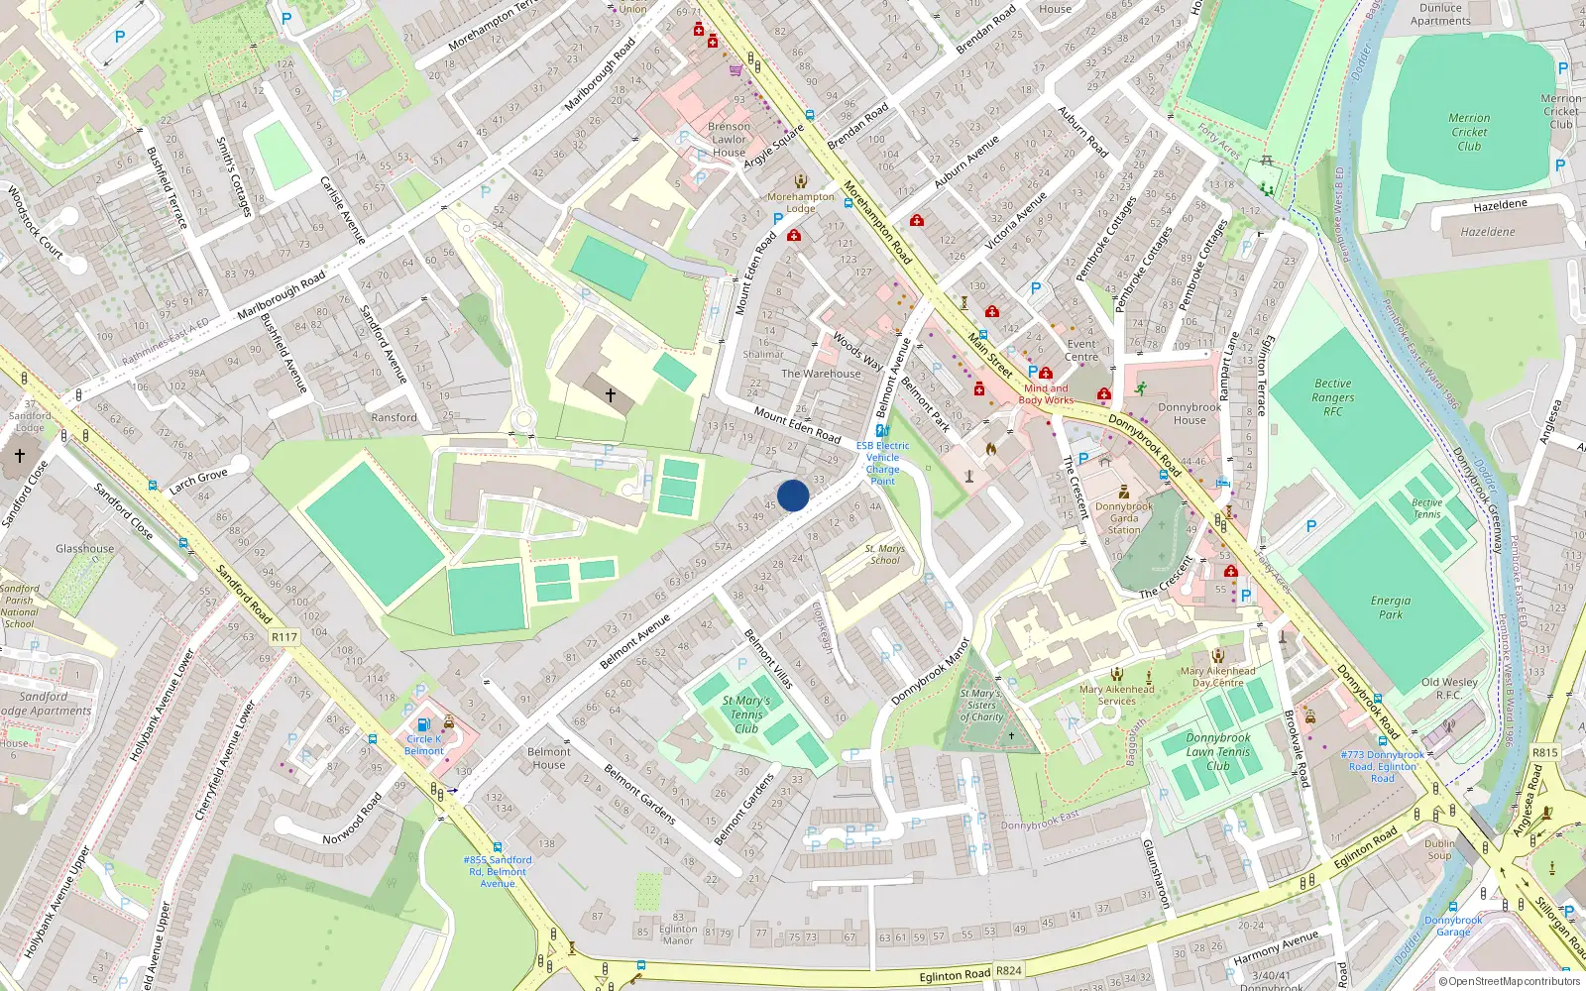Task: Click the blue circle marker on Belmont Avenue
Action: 793,495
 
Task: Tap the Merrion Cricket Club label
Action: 1469,132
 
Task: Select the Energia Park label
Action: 1390,607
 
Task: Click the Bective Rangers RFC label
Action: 1332,397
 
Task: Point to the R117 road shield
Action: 284,637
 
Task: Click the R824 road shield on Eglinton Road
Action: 1008,971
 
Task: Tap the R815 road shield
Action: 1544,752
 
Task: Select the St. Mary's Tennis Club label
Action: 745,715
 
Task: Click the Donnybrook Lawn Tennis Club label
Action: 1217,752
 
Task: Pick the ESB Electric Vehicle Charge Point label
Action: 882,463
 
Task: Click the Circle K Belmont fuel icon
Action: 424,725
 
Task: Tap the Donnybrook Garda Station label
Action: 1124,518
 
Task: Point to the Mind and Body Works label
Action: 1046,394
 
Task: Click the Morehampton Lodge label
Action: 801,202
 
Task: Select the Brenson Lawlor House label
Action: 729,140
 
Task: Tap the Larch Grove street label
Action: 198,482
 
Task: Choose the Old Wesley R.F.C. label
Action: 1449,688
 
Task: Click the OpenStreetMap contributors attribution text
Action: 1509,981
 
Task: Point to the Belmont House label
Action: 548,758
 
